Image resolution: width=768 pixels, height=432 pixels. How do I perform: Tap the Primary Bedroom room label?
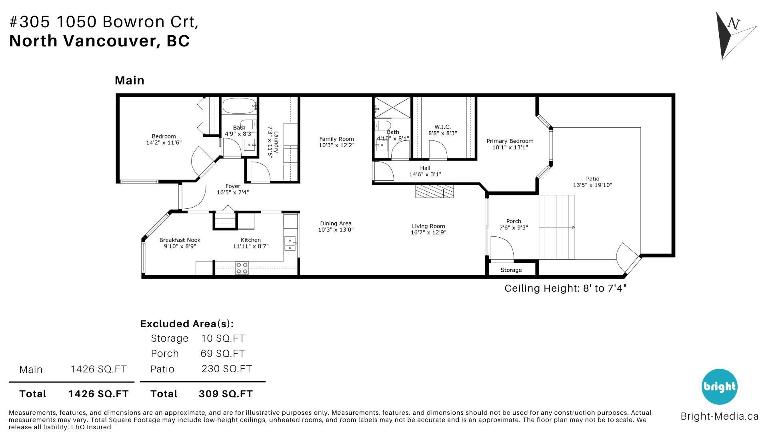[x=510, y=141]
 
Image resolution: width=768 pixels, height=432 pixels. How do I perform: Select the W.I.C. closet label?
[x=442, y=127]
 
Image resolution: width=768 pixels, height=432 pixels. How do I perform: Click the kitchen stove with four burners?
[x=242, y=268]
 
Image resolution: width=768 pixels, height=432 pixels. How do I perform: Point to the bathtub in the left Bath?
[x=239, y=106]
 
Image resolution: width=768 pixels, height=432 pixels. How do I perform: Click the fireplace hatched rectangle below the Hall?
[x=435, y=191]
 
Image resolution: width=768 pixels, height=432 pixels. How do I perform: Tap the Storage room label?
[x=511, y=270]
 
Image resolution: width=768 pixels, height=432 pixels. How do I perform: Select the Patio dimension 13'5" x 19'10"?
[x=592, y=185]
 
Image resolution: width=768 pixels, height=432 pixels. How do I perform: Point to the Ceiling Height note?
[x=565, y=288]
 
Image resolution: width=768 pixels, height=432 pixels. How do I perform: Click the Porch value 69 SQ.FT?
[x=222, y=354]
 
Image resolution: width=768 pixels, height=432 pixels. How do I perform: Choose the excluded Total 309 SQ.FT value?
[x=226, y=394]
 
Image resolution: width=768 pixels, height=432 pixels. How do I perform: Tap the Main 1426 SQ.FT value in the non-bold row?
[x=98, y=369]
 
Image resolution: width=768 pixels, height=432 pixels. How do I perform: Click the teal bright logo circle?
[x=720, y=386]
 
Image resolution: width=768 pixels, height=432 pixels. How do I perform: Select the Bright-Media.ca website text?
[x=719, y=416]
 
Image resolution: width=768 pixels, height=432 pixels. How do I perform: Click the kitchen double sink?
[x=290, y=243]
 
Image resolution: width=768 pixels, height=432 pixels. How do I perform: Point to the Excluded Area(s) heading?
[x=187, y=324]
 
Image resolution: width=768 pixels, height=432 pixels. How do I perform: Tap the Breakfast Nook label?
[x=180, y=240]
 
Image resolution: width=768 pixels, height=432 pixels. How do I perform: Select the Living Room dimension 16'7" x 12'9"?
[x=428, y=232]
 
